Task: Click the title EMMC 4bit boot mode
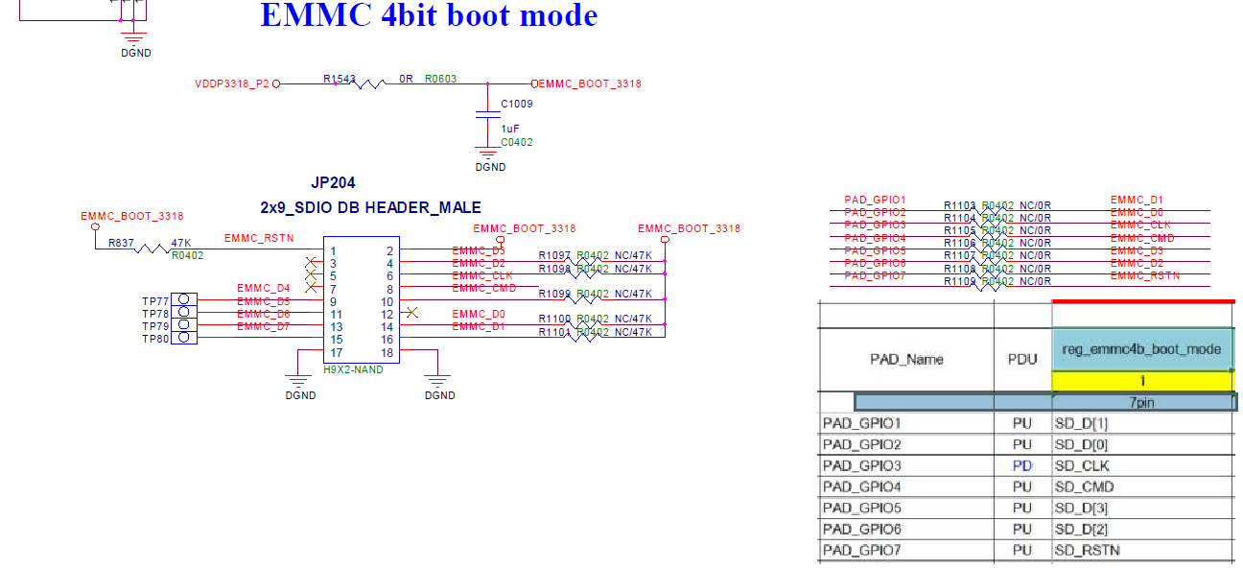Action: tap(429, 16)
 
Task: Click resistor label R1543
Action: tap(339, 79)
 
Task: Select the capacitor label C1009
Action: tap(517, 104)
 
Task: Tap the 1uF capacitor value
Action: tap(510, 128)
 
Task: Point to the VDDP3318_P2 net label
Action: tap(232, 84)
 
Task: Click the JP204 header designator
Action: tap(334, 182)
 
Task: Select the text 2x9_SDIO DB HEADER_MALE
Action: tap(370, 207)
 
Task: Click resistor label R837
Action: tap(121, 243)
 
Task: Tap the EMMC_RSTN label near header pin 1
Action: tap(259, 238)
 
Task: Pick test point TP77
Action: tap(155, 301)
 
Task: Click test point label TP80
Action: tap(155, 339)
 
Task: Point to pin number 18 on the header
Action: tap(387, 353)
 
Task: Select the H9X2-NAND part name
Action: tap(353, 369)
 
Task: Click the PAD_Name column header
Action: tap(906, 360)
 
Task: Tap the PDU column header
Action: tap(1021, 360)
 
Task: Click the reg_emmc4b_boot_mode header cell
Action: tap(1141, 349)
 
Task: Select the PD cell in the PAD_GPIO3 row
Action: tap(1021, 466)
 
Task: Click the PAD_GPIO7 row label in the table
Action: tap(863, 551)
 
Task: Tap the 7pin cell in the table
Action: tap(1140, 403)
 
